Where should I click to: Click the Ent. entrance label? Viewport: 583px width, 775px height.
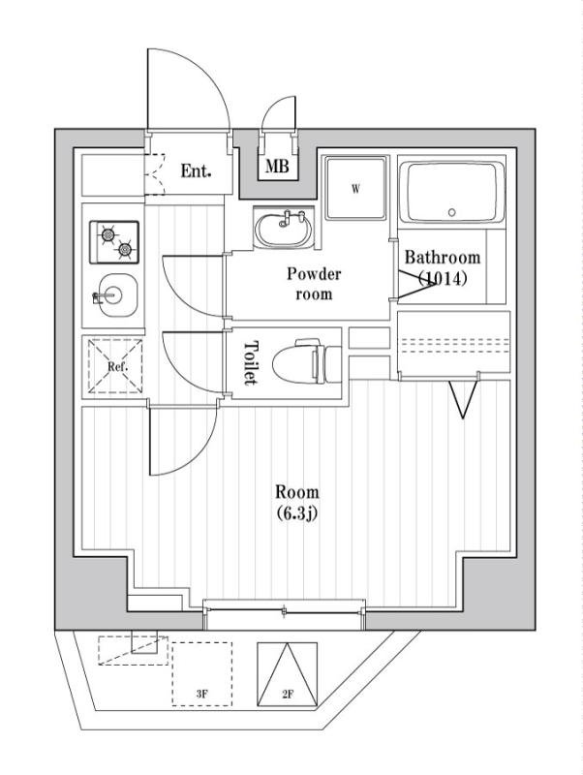[196, 171]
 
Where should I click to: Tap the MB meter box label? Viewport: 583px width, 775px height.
[278, 168]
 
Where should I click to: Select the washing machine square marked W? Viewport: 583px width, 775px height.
[354, 189]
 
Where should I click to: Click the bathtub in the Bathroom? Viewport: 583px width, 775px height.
[453, 192]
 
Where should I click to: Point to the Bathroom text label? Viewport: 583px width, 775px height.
[443, 258]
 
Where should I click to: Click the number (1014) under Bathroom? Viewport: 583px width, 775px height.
[443, 279]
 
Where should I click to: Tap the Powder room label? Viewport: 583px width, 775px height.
[314, 284]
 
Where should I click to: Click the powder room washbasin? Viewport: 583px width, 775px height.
[284, 230]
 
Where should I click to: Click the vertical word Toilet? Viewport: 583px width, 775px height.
[251, 363]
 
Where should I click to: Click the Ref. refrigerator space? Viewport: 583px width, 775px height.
[114, 366]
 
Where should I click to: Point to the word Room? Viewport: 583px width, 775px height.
[296, 492]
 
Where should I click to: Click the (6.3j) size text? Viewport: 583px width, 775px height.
[296, 513]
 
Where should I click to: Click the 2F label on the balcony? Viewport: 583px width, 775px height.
[287, 694]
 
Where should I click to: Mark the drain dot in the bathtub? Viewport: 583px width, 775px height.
[451, 211]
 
